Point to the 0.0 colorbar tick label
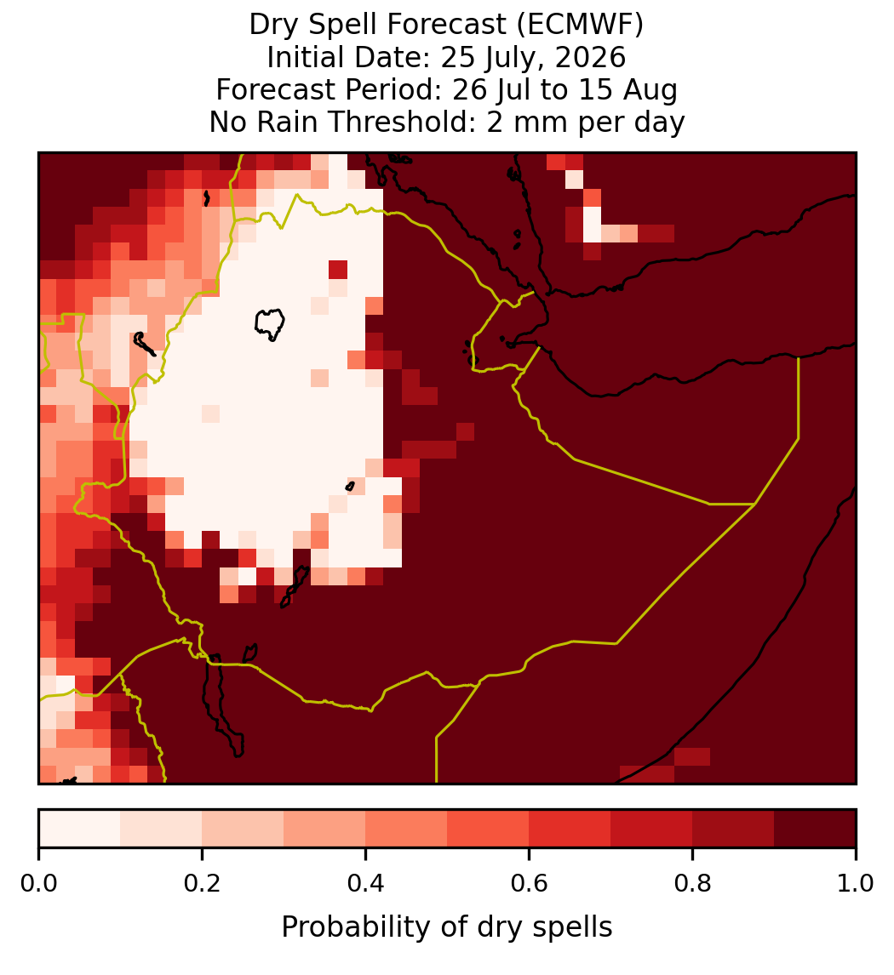click(38, 883)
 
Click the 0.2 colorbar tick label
click(202, 883)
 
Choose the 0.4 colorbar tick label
click(366, 883)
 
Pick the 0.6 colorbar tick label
click(530, 883)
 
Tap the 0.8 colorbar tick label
click(693, 883)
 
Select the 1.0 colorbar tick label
click(856, 883)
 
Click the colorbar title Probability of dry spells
click(447, 927)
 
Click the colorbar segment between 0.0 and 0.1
click(80, 829)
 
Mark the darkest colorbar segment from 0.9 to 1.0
click(815, 829)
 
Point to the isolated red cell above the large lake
click(338, 270)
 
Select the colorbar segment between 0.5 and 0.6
click(489, 829)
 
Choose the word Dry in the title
click(274, 26)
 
